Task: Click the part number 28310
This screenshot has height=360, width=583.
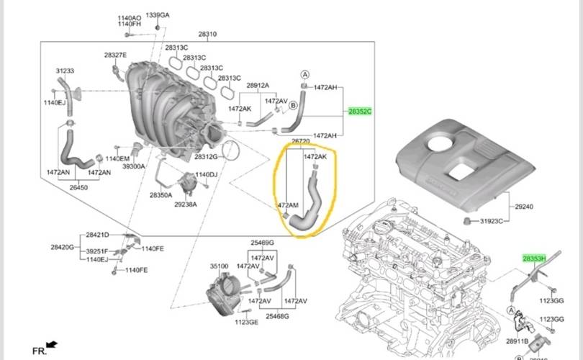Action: pyautogui.click(x=207, y=34)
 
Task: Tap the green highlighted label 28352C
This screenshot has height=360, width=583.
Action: pyautogui.click(x=361, y=112)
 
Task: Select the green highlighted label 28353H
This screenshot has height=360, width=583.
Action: pyautogui.click(x=535, y=257)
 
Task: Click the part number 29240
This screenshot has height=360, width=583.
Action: pyautogui.click(x=524, y=207)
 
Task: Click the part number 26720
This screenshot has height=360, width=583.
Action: pyautogui.click(x=301, y=143)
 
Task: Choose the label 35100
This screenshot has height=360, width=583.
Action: pyautogui.click(x=219, y=266)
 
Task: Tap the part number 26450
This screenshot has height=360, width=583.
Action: pyautogui.click(x=78, y=187)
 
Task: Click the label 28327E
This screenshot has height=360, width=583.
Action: pyautogui.click(x=115, y=55)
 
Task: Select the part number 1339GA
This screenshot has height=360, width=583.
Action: pyautogui.click(x=158, y=14)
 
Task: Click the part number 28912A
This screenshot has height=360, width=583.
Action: pyautogui.click(x=257, y=86)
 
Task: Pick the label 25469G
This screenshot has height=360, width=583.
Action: pyautogui.click(x=262, y=243)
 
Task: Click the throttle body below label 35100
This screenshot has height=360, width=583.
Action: pyautogui.click(x=220, y=296)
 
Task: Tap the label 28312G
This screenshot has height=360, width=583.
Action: pyautogui.click(x=206, y=156)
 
